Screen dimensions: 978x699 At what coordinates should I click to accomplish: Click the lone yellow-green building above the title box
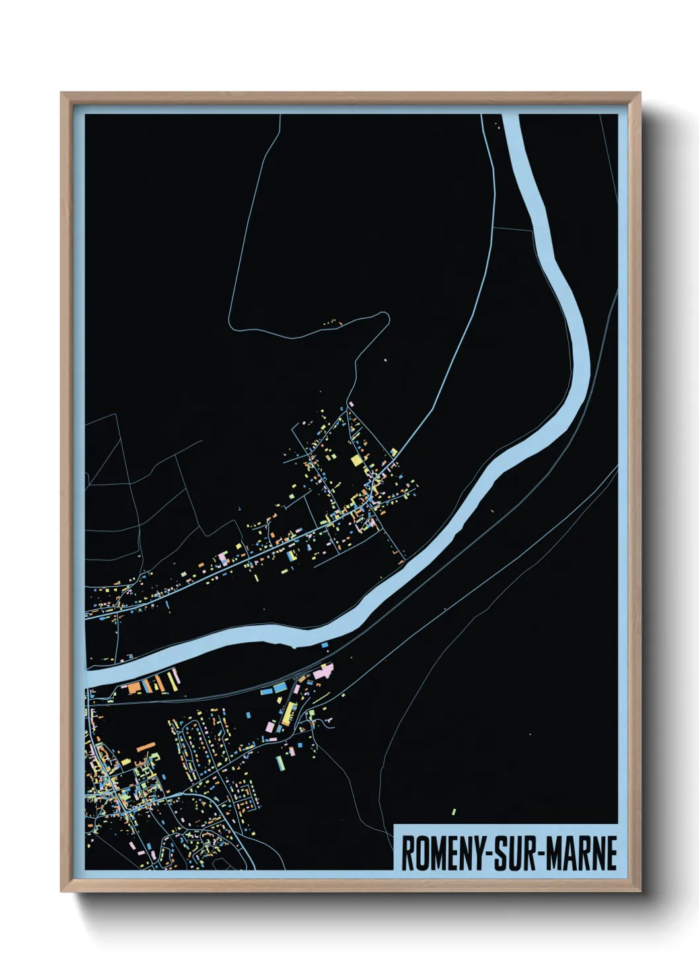tap(454, 811)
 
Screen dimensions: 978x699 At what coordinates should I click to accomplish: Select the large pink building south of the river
tap(323, 673)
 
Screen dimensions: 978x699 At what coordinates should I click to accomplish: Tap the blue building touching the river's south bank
tap(324, 642)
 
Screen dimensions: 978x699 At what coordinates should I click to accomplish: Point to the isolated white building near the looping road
tap(385, 360)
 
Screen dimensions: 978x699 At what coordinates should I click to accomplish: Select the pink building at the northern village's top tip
tap(351, 404)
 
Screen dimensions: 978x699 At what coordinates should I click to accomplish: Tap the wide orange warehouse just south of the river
tap(134, 687)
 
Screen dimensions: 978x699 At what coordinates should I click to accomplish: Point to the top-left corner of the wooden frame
tap(61, 93)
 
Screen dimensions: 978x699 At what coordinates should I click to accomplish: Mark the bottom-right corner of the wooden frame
tap(640, 891)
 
